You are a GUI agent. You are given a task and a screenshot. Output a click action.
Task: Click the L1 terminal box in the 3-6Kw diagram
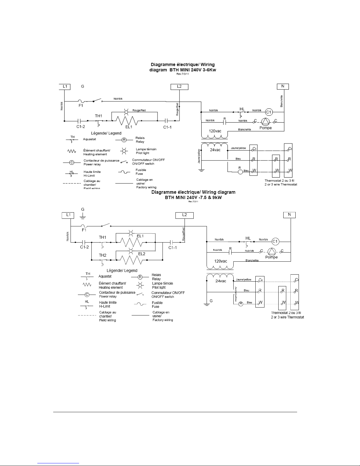click(65, 86)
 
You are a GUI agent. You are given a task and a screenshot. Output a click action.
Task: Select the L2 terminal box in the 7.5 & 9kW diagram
click(184, 215)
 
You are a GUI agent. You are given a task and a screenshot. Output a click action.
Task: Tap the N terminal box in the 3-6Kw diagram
click(283, 86)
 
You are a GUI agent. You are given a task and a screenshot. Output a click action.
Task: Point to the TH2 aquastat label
click(103, 255)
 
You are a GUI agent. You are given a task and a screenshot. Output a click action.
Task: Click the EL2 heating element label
click(142, 253)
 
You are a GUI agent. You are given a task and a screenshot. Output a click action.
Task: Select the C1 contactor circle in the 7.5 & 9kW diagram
click(275, 241)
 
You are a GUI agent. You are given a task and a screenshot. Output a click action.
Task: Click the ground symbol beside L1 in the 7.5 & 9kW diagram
click(83, 217)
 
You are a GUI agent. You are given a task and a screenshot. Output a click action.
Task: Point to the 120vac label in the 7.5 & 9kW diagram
click(220, 261)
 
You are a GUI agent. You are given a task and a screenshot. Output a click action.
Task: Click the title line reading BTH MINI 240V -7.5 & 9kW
click(193, 197)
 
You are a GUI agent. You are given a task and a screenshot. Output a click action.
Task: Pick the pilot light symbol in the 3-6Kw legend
click(124, 151)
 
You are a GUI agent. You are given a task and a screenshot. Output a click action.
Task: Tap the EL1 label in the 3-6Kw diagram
click(129, 127)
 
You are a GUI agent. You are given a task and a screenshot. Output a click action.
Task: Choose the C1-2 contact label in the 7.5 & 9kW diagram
click(84, 247)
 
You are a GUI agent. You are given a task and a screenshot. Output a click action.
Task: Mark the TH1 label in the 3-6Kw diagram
click(98, 116)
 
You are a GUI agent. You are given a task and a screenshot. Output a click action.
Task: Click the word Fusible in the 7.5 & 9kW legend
click(157, 303)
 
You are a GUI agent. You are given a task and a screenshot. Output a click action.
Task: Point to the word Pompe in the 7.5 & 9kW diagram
click(271, 257)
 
